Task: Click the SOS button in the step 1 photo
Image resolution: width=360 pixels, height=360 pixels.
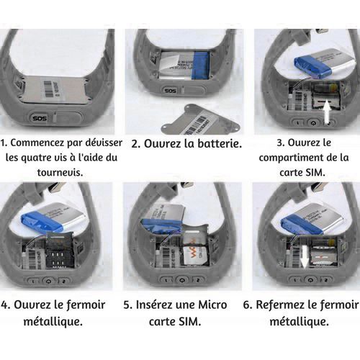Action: [x=40, y=118]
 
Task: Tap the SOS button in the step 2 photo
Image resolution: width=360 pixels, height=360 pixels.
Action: [x=170, y=91]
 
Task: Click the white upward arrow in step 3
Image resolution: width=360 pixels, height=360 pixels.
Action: [x=327, y=112]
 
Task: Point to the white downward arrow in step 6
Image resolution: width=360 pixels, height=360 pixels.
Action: [x=305, y=256]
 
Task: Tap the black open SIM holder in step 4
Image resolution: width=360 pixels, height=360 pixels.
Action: [x=58, y=253]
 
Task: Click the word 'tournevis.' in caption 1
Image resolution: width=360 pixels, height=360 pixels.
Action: [x=60, y=172]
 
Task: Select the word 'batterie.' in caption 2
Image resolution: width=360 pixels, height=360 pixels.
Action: [x=220, y=143]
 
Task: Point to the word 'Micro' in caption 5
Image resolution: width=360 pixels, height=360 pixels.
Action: [x=212, y=305]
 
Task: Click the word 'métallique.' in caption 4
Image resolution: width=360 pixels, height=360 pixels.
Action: [x=53, y=321]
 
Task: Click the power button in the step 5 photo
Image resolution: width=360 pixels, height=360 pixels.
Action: [x=181, y=280]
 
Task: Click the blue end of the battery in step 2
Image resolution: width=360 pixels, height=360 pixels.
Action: [x=201, y=66]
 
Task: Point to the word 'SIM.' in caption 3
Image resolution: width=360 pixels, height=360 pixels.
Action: [x=314, y=173]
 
